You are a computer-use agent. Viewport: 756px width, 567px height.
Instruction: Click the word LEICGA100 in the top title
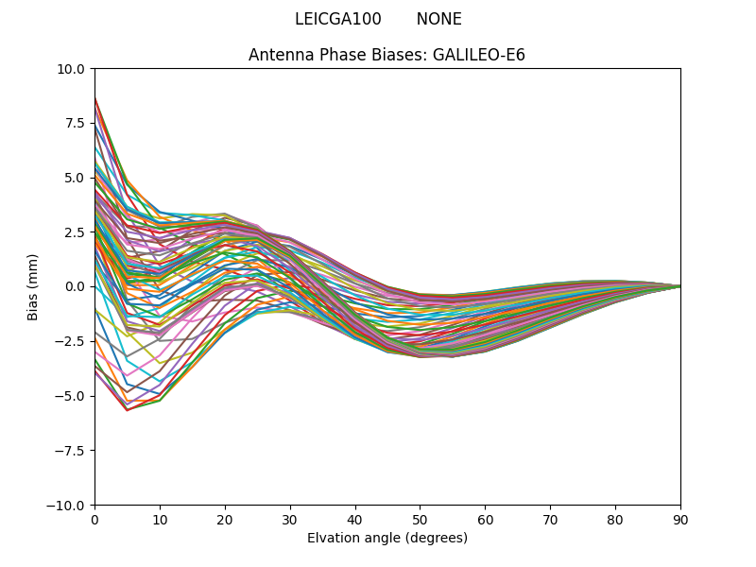[337, 19]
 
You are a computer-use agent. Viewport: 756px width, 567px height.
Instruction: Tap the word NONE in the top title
[438, 19]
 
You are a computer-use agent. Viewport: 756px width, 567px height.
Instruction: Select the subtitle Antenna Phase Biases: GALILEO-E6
[387, 55]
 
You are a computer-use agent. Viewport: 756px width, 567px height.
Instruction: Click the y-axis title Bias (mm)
[33, 286]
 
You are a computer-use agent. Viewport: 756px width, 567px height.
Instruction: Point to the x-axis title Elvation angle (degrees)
[387, 538]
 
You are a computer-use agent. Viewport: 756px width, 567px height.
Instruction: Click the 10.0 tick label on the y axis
[72, 68]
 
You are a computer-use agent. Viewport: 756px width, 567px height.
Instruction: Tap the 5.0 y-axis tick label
[76, 178]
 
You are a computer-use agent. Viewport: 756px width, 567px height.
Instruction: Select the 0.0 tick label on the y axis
[76, 286]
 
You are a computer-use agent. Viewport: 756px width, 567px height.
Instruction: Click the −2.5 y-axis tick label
[70, 340]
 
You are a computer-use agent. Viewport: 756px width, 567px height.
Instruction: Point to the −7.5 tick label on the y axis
[70, 450]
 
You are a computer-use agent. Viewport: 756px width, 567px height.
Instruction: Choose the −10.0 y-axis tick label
[67, 505]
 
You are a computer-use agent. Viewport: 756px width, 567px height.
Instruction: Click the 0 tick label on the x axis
[94, 519]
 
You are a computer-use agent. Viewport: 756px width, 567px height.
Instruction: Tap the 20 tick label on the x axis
[225, 519]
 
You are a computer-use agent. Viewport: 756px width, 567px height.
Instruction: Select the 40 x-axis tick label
[354, 519]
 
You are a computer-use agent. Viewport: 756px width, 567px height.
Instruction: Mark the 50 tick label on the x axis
[420, 519]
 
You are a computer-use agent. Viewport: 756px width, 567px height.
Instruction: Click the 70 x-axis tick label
[550, 519]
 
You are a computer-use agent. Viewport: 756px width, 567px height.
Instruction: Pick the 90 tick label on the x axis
[679, 519]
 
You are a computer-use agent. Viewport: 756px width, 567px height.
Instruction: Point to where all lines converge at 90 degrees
[679, 286]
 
